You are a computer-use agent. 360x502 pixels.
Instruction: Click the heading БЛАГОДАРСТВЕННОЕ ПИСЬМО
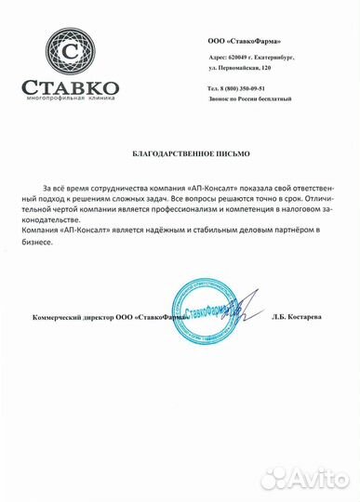point(179,150)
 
